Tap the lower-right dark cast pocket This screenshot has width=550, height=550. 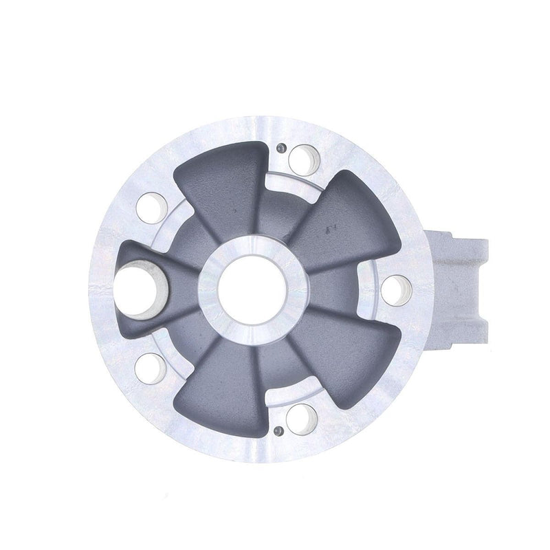pos(344,357)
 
